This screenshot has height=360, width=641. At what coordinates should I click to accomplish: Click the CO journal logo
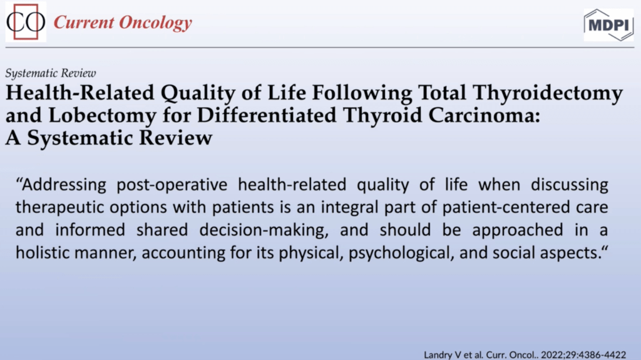click(x=26, y=22)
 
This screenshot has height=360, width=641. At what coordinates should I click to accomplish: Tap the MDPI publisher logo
click(x=608, y=25)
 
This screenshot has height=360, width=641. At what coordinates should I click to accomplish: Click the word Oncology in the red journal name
click(x=155, y=23)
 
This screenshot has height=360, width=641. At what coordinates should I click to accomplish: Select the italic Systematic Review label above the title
click(x=51, y=73)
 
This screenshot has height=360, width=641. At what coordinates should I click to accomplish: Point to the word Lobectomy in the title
click(x=102, y=116)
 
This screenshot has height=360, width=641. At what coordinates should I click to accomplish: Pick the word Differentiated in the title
click(x=267, y=115)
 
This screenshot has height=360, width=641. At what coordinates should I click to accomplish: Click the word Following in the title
click(x=362, y=93)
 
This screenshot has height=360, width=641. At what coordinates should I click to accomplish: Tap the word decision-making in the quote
click(x=264, y=230)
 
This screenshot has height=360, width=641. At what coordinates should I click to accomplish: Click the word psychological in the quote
click(x=401, y=253)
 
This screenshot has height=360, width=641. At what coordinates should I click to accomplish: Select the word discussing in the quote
click(x=570, y=185)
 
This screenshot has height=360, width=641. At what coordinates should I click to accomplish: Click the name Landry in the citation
click(x=436, y=355)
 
